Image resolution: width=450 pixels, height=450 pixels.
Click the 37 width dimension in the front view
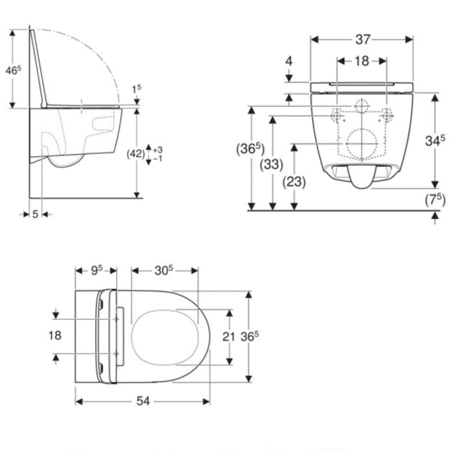[363, 39]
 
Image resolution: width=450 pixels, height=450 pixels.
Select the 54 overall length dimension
[143, 401]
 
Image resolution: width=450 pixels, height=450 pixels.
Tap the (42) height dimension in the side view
[136, 154]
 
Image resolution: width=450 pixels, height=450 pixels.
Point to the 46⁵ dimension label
[13, 70]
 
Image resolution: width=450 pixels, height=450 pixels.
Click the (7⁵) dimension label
[435, 199]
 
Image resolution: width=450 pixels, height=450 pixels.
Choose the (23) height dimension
[294, 182]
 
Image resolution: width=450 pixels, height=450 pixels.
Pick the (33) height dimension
[271, 164]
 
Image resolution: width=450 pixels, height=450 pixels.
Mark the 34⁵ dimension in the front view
[435, 140]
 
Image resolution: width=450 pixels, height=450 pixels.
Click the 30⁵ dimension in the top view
[164, 270]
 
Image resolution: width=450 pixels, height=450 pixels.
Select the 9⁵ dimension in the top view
[96, 270]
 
